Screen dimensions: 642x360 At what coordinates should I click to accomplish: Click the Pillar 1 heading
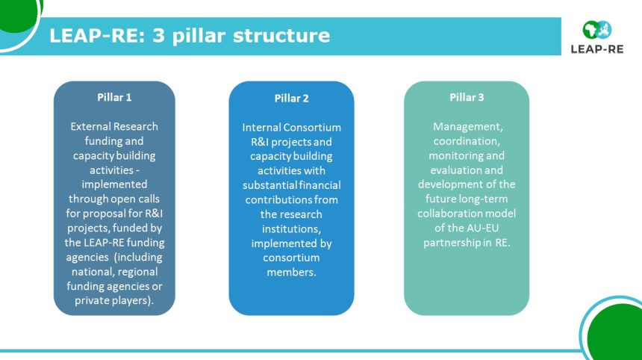tap(114, 98)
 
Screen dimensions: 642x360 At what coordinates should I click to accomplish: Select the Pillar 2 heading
tap(292, 99)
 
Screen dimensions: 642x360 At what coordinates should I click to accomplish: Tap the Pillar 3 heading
tap(467, 98)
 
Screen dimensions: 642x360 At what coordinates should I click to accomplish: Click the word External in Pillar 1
tap(90, 126)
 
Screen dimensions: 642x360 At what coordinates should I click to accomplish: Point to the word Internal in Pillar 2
tap(261, 128)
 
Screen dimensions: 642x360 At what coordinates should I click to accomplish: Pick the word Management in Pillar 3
tap(467, 126)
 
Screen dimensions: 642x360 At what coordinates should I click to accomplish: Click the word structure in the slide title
tap(281, 35)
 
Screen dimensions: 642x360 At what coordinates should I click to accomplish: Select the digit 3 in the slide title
tap(158, 36)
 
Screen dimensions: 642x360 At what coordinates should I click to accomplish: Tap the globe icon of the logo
tap(597, 30)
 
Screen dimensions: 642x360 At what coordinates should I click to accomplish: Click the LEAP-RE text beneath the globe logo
tap(597, 49)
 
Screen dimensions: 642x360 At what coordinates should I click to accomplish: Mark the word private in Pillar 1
tap(90, 300)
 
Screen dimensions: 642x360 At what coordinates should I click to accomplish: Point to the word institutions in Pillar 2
tap(292, 229)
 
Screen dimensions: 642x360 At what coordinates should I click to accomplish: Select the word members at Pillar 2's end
tap(292, 273)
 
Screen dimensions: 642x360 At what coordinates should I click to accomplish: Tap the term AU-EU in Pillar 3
tap(483, 228)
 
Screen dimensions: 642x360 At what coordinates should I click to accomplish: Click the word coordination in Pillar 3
tap(467, 141)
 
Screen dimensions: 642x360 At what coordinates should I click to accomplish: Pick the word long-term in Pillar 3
tap(484, 199)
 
